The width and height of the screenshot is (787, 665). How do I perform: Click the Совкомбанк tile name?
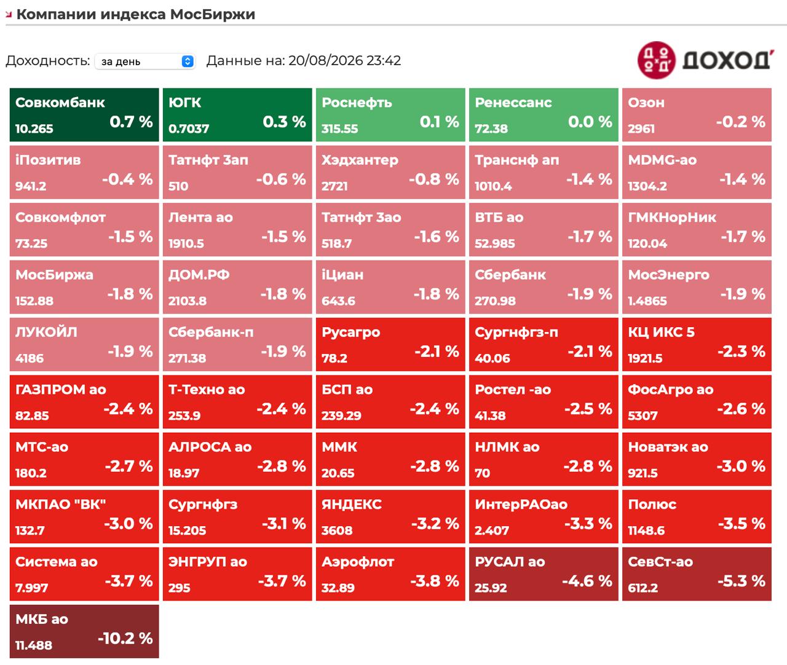pyautogui.click(x=60, y=103)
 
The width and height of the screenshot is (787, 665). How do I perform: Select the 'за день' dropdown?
pyautogui.click(x=145, y=61)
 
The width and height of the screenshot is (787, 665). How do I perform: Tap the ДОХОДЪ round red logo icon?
pyautogui.click(x=656, y=60)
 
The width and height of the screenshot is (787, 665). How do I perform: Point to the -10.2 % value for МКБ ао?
pyautogui.click(x=125, y=638)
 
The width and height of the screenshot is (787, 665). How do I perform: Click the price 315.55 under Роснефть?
pyautogui.click(x=339, y=128)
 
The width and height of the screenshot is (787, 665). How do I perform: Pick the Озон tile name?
pyautogui.click(x=646, y=103)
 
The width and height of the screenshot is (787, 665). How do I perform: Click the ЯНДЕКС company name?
pyautogui.click(x=352, y=505)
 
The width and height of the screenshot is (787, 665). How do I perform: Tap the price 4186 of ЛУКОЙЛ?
pyautogui.click(x=30, y=358)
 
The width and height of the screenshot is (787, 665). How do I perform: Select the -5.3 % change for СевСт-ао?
pyautogui.click(x=742, y=581)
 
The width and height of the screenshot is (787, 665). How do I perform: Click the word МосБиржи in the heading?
pyautogui.click(x=213, y=14)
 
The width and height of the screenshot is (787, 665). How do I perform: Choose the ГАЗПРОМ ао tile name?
pyautogui.click(x=60, y=390)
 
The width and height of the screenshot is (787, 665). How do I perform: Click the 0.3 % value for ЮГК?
pyautogui.click(x=284, y=122)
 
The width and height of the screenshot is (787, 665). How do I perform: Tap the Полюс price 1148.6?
pyautogui.click(x=646, y=530)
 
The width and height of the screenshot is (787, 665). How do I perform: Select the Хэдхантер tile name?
pyautogui.click(x=360, y=160)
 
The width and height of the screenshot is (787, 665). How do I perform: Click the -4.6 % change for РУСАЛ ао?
pyautogui.click(x=587, y=581)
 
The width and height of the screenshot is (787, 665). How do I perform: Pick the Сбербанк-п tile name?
pyautogui.click(x=211, y=332)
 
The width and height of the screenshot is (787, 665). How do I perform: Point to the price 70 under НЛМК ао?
pyautogui.click(x=482, y=473)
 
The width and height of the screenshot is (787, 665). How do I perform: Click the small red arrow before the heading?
pyautogui.click(x=9, y=15)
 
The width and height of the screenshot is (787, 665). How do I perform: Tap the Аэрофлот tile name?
pyautogui.click(x=357, y=562)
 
